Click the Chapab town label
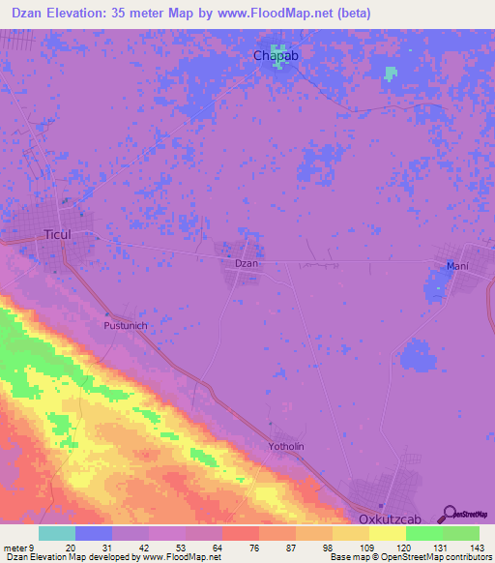(276, 56)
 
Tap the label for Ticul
(58, 235)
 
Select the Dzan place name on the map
(247, 263)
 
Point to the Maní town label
(457, 266)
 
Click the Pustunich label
(126, 327)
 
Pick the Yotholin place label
(286, 446)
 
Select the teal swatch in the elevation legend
(57, 533)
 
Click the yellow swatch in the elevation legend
(388, 533)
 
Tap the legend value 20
(71, 548)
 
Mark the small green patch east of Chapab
(391, 73)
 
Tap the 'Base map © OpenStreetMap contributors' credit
(409, 557)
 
